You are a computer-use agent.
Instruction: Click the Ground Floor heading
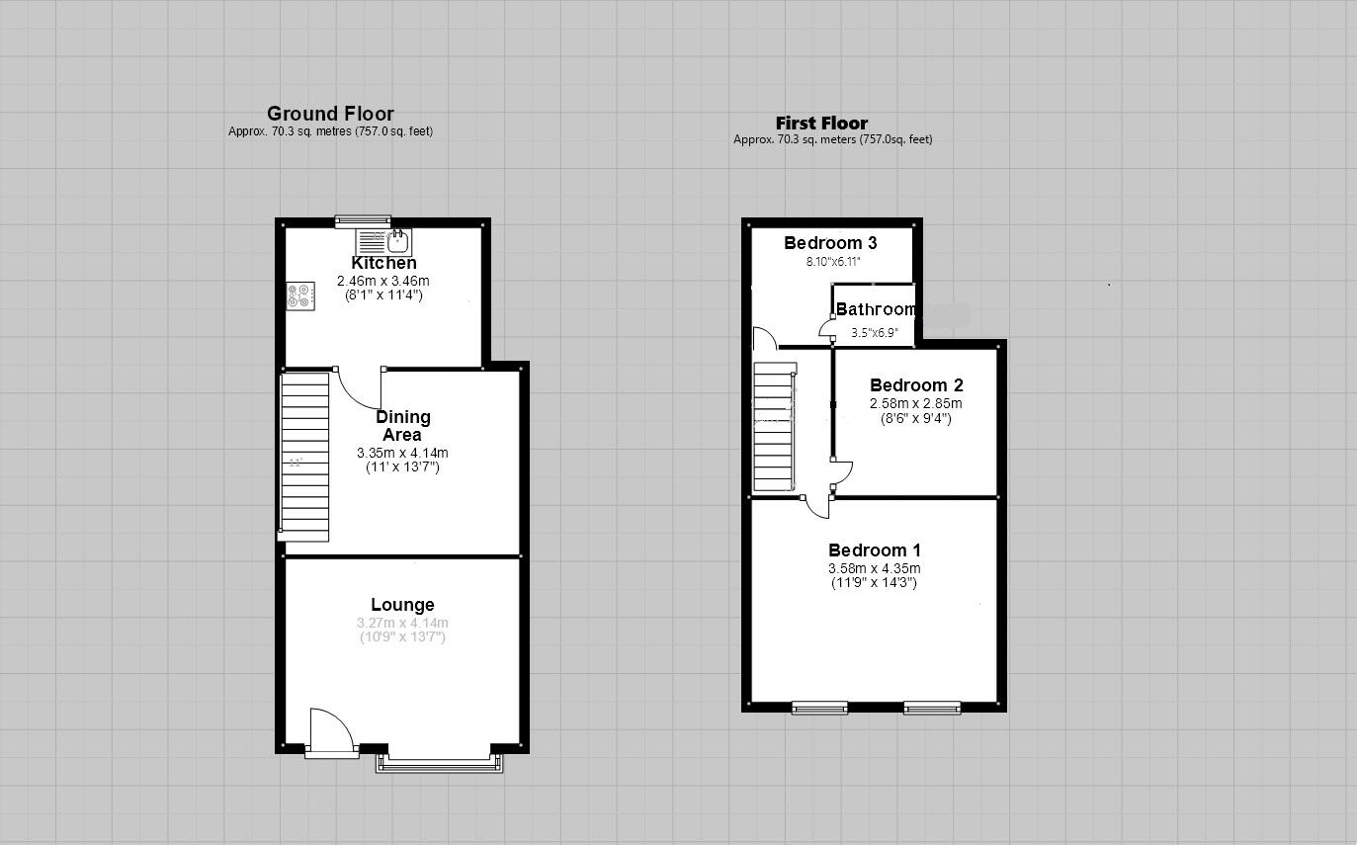pyautogui.click(x=330, y=114)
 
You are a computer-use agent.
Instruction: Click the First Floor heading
pyautogui.click(x=821, y=124)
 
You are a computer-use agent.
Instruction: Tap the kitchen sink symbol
pyautogui.click(x=397, y=240)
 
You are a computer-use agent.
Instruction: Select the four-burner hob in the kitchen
pyautogui.click(x=298, y=296)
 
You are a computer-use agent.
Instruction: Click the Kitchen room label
pyautogui.click(x=383, y=263)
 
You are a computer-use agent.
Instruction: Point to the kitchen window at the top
pyautogui.click(x=363, y=221)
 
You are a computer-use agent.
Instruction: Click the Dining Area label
pyautogui.click(x=402, y=426)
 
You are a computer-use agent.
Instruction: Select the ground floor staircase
pyautogui.click(x=304, y=456)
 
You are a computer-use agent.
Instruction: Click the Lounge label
pyautogui.click(x=402, y=605)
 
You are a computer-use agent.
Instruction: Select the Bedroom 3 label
pyautogui.click(x=830, y=243)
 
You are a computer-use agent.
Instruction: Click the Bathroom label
pyautogui.click(x=875, y=309)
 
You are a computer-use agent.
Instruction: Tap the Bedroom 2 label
pyautogui.click(x=915, y=385)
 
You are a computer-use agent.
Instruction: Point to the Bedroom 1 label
pyautogui.click(x=874, y=550)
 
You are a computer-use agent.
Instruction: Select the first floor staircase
pyautogui.click(x=775, y=426)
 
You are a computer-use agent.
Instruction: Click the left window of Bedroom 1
pyautogui.click(x=819, y=707)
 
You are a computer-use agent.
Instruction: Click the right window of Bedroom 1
pyautogui.click(x=931, y=707)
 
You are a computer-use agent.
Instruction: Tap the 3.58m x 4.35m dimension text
pyautogui.click(x=874, y=568)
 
